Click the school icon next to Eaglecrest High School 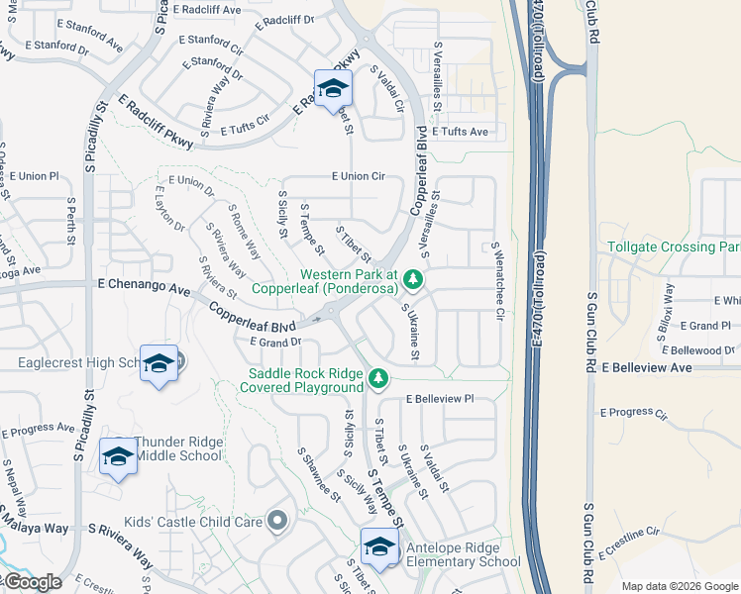159,363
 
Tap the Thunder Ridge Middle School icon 118,457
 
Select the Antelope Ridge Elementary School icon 380,545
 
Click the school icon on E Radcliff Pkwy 333,87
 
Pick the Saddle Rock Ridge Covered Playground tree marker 376,377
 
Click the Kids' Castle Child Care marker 277,521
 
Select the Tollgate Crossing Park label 673,247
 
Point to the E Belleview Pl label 440,399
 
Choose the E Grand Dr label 276,343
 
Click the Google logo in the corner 32,582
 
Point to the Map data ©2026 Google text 679,586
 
